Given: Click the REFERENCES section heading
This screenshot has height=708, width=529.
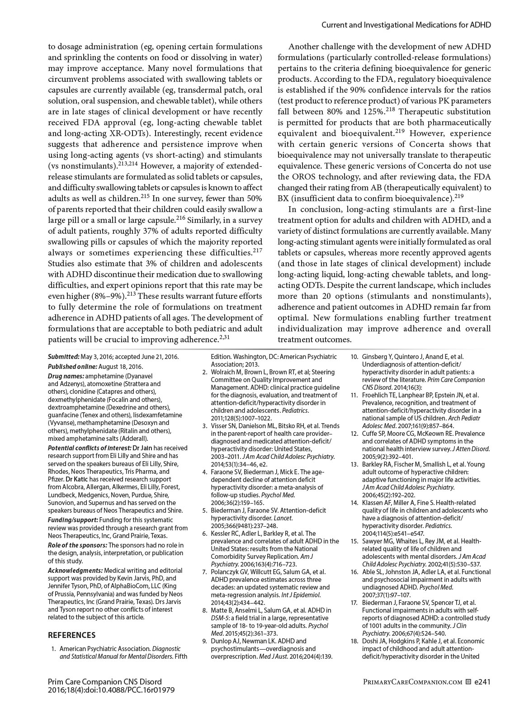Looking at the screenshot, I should click(71, 635).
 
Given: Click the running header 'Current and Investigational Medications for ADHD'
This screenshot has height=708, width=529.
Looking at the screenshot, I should click(406, 25).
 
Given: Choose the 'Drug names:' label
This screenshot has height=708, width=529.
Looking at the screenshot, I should click(66, 376).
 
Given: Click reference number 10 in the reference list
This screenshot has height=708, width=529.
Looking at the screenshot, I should click(354, 357).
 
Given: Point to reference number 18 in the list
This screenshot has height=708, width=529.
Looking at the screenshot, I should click(354, 641).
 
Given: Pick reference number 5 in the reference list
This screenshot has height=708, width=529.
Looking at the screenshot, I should click(204, 510).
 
